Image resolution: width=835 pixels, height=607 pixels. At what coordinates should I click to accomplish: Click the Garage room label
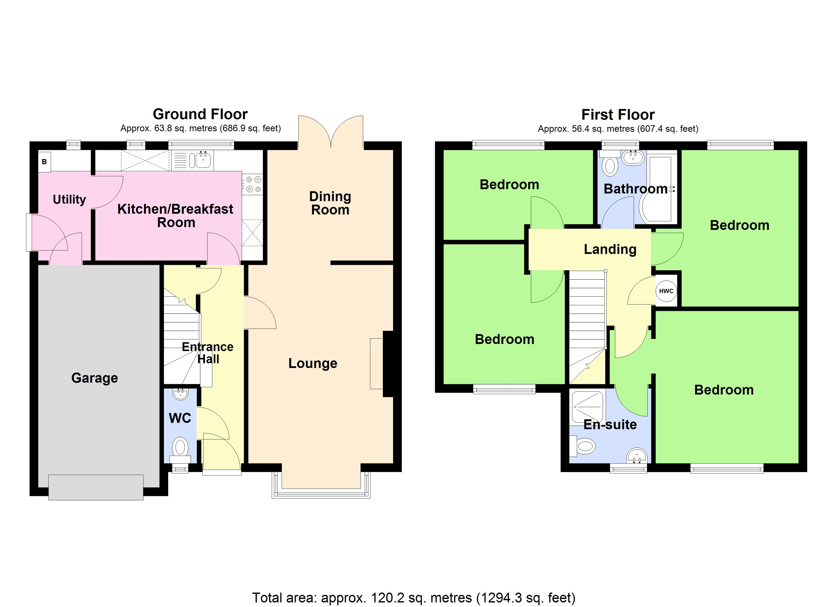pos(95,378)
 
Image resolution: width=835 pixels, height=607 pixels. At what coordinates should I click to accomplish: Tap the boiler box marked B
pos(45,162)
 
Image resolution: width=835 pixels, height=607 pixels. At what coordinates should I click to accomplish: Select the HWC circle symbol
pos(666,291)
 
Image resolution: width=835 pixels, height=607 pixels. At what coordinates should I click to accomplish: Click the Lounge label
pos(312,363)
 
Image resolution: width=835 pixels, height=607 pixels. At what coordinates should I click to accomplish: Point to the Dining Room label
pos(330,203)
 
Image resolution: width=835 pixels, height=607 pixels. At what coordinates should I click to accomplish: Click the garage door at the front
pos(96,487)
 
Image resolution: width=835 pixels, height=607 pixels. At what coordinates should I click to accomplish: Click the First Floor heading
pos(618,115)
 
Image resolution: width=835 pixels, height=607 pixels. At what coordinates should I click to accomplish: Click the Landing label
pos(610,249)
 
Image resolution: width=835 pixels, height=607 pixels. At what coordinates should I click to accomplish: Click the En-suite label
pos(610,424)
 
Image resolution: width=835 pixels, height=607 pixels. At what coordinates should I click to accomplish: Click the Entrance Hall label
pos(208,353)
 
